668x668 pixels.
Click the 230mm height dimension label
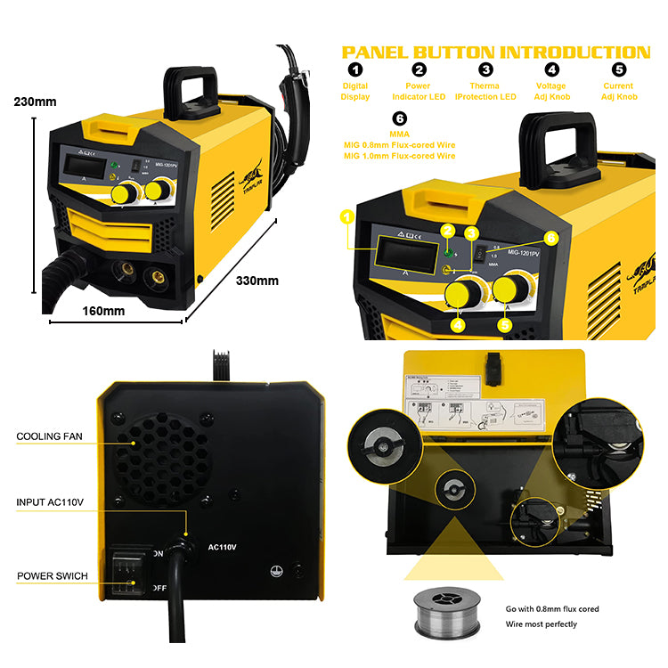[x=34, y=102]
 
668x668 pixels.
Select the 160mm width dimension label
[x=103, y=312]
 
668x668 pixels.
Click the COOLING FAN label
[x=51, y=437]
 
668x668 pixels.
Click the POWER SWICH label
[x=53, y=576]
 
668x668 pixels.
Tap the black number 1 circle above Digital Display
[x=355, y=69]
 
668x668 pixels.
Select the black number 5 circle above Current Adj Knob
[x=619, y=69]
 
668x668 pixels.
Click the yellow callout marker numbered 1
[x=347, y=216]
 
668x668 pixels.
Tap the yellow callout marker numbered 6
[x=550, y=238]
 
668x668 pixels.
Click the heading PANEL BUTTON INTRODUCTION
[x=496, y=52]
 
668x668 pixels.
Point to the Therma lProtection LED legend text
[x=485, y=91]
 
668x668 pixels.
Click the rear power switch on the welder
[x=126, y=570]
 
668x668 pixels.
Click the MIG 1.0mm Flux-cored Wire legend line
[x=399, y=156]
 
